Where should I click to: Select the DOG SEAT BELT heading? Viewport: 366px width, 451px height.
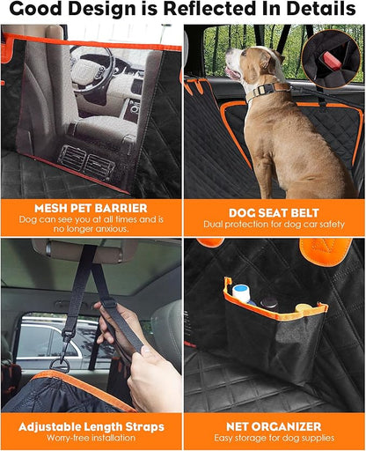275,212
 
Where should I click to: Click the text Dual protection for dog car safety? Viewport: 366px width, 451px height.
275,225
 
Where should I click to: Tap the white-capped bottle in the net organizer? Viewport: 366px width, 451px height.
239,292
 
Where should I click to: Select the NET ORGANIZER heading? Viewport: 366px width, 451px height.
275,427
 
